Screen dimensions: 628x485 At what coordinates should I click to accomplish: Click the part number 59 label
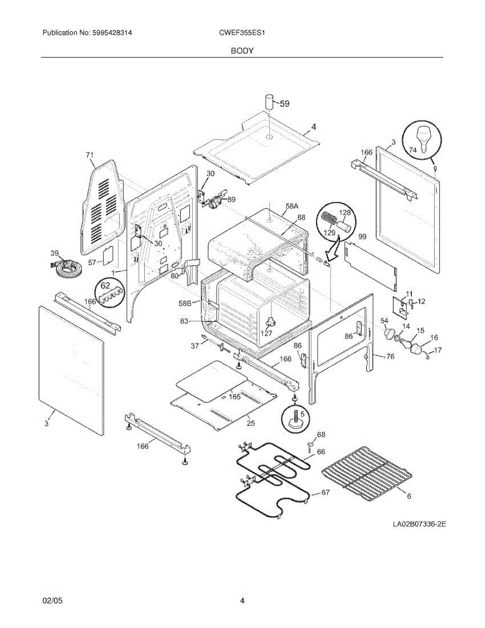284,104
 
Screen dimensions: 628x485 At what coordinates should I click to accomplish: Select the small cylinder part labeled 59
269,101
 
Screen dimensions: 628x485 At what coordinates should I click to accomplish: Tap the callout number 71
89,155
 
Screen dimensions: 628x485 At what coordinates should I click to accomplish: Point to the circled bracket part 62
111,294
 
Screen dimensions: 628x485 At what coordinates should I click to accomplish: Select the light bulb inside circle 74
423,138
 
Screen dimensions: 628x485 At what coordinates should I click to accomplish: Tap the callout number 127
266,332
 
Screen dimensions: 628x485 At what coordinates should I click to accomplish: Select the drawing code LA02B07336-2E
420,523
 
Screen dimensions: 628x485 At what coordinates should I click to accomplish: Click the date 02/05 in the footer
52,601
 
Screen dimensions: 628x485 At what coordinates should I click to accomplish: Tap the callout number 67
325,493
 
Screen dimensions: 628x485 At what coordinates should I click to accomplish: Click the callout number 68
321,434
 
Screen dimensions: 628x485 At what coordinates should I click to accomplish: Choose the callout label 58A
291,206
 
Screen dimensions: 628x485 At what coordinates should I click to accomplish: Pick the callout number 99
362,237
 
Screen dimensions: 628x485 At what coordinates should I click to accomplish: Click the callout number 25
251,423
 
